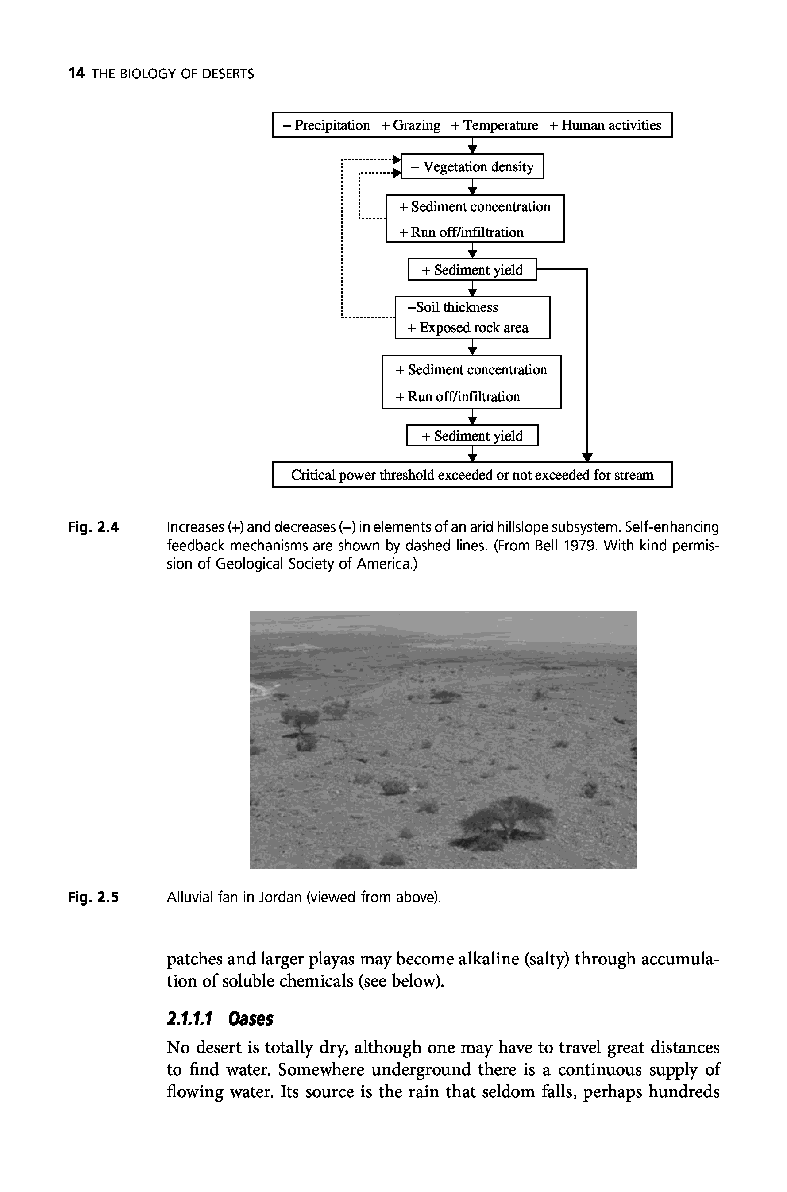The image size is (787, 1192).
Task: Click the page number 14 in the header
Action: coord(76,74)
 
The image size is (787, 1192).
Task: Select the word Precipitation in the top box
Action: coord(332,125)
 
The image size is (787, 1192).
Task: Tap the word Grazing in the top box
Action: coord(416,125)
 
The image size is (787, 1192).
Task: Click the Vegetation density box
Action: coord(472,166)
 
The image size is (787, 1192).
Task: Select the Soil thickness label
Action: coord(452,307)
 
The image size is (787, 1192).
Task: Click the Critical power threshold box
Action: coord(472,475)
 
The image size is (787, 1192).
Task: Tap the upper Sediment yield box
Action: coord(472,270)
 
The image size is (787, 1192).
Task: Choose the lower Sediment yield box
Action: coord(472,436)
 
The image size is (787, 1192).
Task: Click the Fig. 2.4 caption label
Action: coord(93,528)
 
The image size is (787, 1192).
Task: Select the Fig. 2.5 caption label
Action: coord(93,897)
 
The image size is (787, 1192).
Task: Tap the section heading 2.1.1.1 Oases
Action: coord(220,1019)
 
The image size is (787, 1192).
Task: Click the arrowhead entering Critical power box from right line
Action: coord(587,457)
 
